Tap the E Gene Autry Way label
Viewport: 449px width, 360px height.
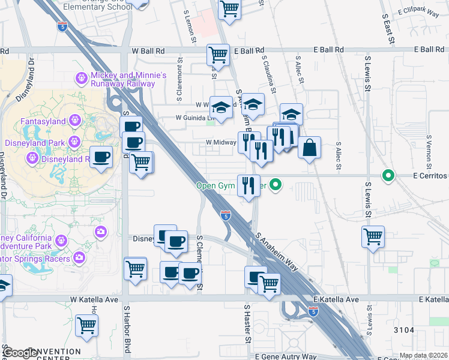tap(285, 356)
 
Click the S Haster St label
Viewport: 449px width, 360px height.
tap(246, 324)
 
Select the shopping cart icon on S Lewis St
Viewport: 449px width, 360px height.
tap(373, 236)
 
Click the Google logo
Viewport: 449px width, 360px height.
tap(20, 353)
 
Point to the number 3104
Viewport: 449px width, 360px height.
tap(404, 330)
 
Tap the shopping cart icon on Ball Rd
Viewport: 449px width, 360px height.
tap(218, 55)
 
